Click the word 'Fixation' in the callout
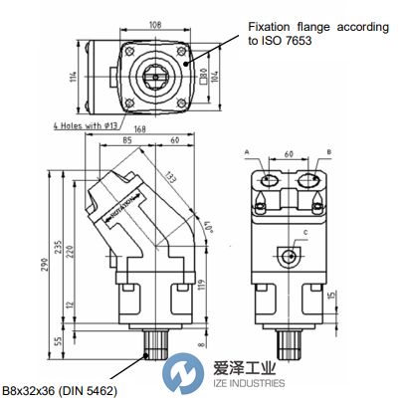pos(267,28)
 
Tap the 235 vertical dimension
pos(68,247)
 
